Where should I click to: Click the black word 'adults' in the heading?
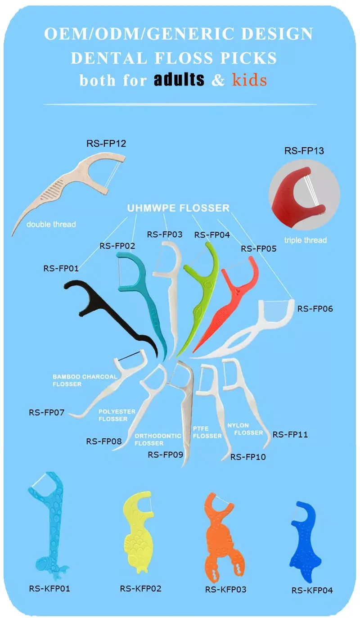(179, 80)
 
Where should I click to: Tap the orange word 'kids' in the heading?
(249, 80)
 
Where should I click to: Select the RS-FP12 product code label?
(106, 144)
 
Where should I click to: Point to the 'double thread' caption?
(51, 224)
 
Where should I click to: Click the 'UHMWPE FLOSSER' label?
(178, 208)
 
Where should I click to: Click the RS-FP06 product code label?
(315, 309)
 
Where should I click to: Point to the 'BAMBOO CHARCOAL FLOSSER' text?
(85, 380)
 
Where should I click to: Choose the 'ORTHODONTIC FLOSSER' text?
(158, 439)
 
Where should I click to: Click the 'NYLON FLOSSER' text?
(245, 429)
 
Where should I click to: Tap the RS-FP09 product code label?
(166, 455)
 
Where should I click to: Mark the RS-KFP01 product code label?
(49, 588)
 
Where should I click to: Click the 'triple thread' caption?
(306, 240)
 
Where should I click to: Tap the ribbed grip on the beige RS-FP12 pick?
(52, 190)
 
